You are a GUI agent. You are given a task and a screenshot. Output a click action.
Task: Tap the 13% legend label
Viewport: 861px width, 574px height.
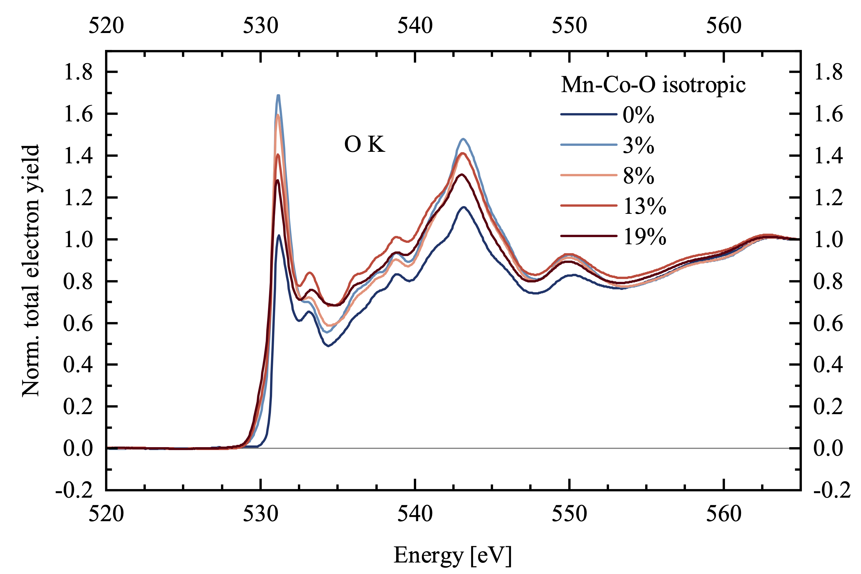click(x=645, y=206)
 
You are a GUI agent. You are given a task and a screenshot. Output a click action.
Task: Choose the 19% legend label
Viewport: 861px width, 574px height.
click(x=645, y=236)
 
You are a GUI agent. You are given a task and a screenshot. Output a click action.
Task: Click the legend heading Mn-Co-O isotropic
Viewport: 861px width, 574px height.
click(x=653, y=85)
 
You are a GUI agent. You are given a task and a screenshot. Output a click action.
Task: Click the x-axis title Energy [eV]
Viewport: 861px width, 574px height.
click(x=453, y=555)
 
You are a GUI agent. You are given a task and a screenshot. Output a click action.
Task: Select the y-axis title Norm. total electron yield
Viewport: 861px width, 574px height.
click(x=31, y=271)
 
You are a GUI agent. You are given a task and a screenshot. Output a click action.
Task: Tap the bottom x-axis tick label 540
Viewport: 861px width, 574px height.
click(x=415, y=514)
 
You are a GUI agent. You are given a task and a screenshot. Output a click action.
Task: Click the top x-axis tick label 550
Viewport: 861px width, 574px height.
click(x=569, y=26)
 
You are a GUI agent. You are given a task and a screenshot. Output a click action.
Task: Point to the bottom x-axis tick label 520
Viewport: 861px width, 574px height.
click(x=106, y=514)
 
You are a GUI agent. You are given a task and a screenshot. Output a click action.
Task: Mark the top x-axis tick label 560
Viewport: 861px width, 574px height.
click(x=724, y=26)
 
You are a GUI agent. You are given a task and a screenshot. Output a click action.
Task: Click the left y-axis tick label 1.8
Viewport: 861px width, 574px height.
click(x=78, y=72)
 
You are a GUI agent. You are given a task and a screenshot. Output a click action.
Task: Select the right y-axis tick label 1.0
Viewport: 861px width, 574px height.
click(x=828, y=239)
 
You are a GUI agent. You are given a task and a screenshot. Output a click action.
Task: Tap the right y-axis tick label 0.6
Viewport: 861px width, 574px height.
click(x=828, y=323)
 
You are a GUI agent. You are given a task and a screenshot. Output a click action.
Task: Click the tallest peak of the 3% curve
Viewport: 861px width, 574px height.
click(x=278, y=96)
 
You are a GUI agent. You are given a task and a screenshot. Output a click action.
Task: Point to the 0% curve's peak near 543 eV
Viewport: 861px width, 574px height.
click(x=464, y=207)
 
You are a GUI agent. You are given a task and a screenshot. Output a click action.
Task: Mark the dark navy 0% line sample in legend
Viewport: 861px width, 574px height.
click(x=589, y=115)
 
